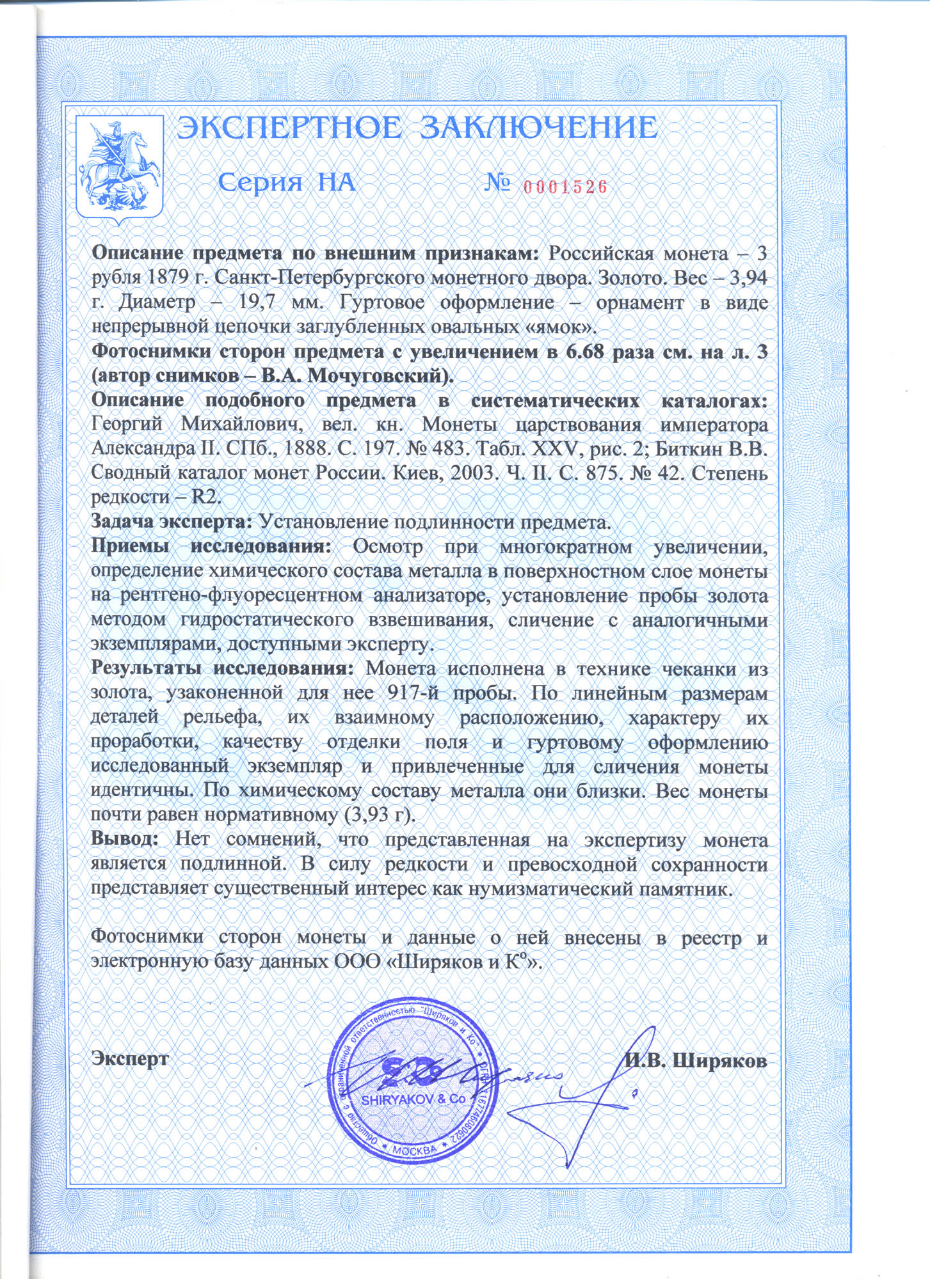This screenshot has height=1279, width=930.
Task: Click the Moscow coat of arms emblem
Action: (x=120, y=168)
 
